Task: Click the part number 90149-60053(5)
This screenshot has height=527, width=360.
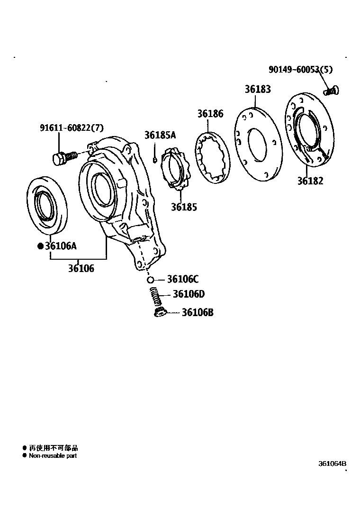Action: click(x=300, y=70)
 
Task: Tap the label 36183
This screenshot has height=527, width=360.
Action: click(x=258, y=89)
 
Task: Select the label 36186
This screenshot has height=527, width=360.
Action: click(x=210, y=114)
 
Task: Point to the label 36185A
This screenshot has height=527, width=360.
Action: click(x=160, y=136)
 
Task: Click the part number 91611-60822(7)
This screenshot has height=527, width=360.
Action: click(x=71, y=127)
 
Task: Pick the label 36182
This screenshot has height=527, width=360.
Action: click(x=310, y=181)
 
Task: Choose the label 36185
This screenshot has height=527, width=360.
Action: click(x=184, y=207)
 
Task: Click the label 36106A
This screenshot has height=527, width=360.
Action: click(x=61, y=246)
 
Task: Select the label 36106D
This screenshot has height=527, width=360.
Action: click(x=189, y=294)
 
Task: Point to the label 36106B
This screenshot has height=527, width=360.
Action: click(x=198, y=313)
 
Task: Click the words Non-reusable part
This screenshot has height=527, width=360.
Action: click(x=53, y=456)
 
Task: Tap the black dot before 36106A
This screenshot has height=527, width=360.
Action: click(x=40, y=246)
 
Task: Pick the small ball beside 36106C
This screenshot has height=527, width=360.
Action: click(x=150, y=279)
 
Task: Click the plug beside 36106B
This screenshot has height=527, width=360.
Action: click(x=160, y=312)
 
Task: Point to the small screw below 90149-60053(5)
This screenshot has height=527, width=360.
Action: click(x=332, y=90)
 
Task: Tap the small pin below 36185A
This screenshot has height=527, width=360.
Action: click(x=155, y=160)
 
